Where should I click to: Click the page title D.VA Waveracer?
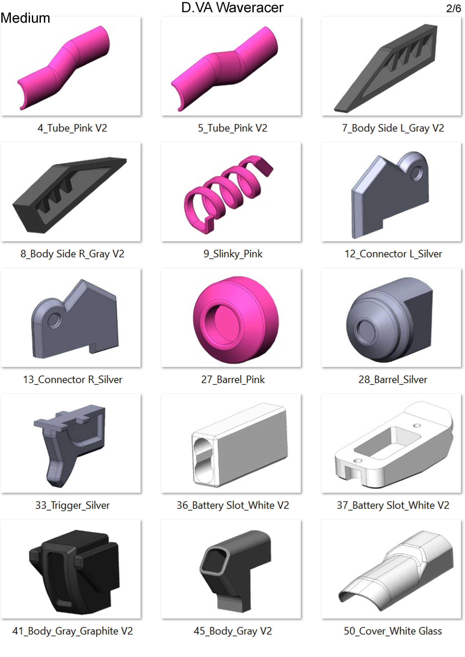(x=232, y=7)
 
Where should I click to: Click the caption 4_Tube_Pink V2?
(x=72, y=128)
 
